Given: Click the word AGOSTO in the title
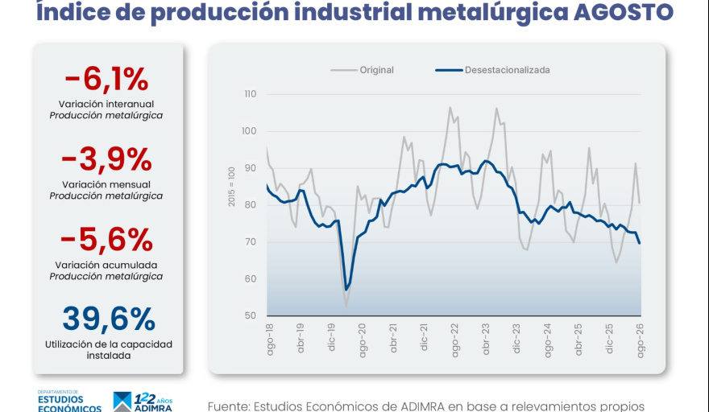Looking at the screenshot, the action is (x=624, y=12).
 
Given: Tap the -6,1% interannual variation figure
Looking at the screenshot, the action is (x=106, y=79).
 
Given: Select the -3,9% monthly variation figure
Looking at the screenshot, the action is (x=106, y=159).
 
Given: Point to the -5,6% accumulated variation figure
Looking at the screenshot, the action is (x=106, y=240).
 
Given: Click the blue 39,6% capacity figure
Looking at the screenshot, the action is (x=109, y=319).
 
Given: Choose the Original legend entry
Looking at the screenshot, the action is (x=363, y=70).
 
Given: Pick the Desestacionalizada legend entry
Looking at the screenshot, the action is (x=493, y=70).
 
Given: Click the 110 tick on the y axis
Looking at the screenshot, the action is (x=250, y=94).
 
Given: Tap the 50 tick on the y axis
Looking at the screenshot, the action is (x=250, y=315).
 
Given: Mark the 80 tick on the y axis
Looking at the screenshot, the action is (x=250, y=205).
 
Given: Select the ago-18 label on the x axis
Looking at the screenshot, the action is (x=271, y=340).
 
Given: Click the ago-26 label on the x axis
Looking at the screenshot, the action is (x=641, y=340).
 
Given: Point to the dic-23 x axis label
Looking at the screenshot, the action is (x=516, y=338).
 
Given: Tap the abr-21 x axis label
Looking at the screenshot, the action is (x=393, y=338).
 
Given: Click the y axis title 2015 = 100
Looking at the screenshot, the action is (x=231, y=187).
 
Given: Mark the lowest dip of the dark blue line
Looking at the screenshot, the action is (x=346, y=290).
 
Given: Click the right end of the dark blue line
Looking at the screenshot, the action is (x=640, y=244).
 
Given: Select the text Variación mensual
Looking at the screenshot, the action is (x=106, y=184).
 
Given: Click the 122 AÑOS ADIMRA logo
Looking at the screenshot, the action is (x=143, y=402).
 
